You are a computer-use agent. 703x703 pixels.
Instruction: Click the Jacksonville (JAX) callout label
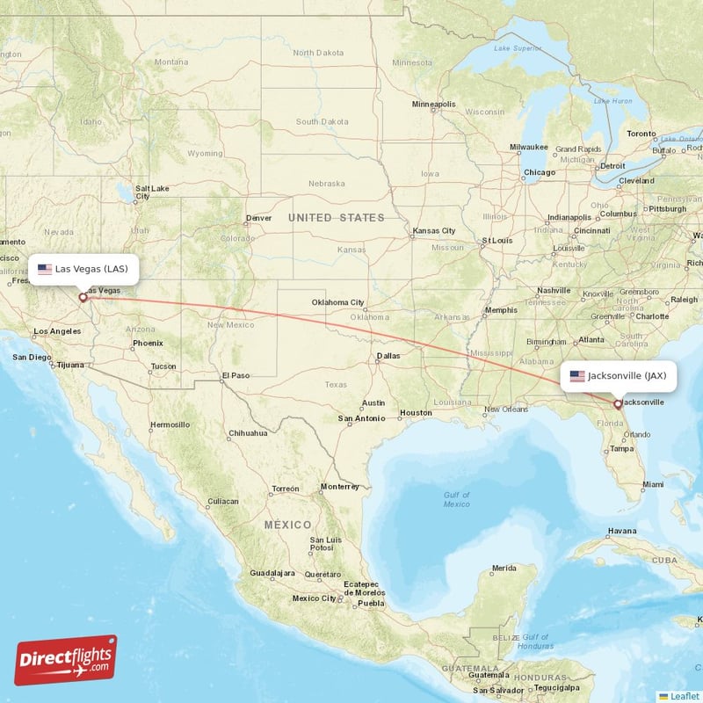tap(619, 376)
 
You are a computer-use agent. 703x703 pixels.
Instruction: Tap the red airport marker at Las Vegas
tap(83, 297)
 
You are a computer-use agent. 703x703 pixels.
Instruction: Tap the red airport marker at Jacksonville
tap(618, 404)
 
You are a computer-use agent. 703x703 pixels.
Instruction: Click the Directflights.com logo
tap(66, 660)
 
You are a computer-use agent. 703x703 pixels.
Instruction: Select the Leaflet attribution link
tap(684, 695)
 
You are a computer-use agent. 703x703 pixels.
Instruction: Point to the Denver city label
tap(259, 218)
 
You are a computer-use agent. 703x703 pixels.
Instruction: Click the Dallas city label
tap(388, 356)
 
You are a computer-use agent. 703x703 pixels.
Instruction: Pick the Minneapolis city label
tap(434, 105)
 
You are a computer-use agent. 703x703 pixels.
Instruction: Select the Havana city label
tap(622, 531)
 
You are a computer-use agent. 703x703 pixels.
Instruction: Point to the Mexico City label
tap(315, 598)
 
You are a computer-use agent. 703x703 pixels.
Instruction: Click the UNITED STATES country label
tap(337, 217)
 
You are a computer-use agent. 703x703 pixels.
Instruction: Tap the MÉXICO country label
tap(288, 525)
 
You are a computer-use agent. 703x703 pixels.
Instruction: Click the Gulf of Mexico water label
tap(457, 499)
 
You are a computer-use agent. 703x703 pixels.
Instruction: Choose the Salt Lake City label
tap(151, 192)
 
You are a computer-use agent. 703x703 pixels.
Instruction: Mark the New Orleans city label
tap(505, 409)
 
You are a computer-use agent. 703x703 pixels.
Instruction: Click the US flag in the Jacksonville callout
tap(577, 376)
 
